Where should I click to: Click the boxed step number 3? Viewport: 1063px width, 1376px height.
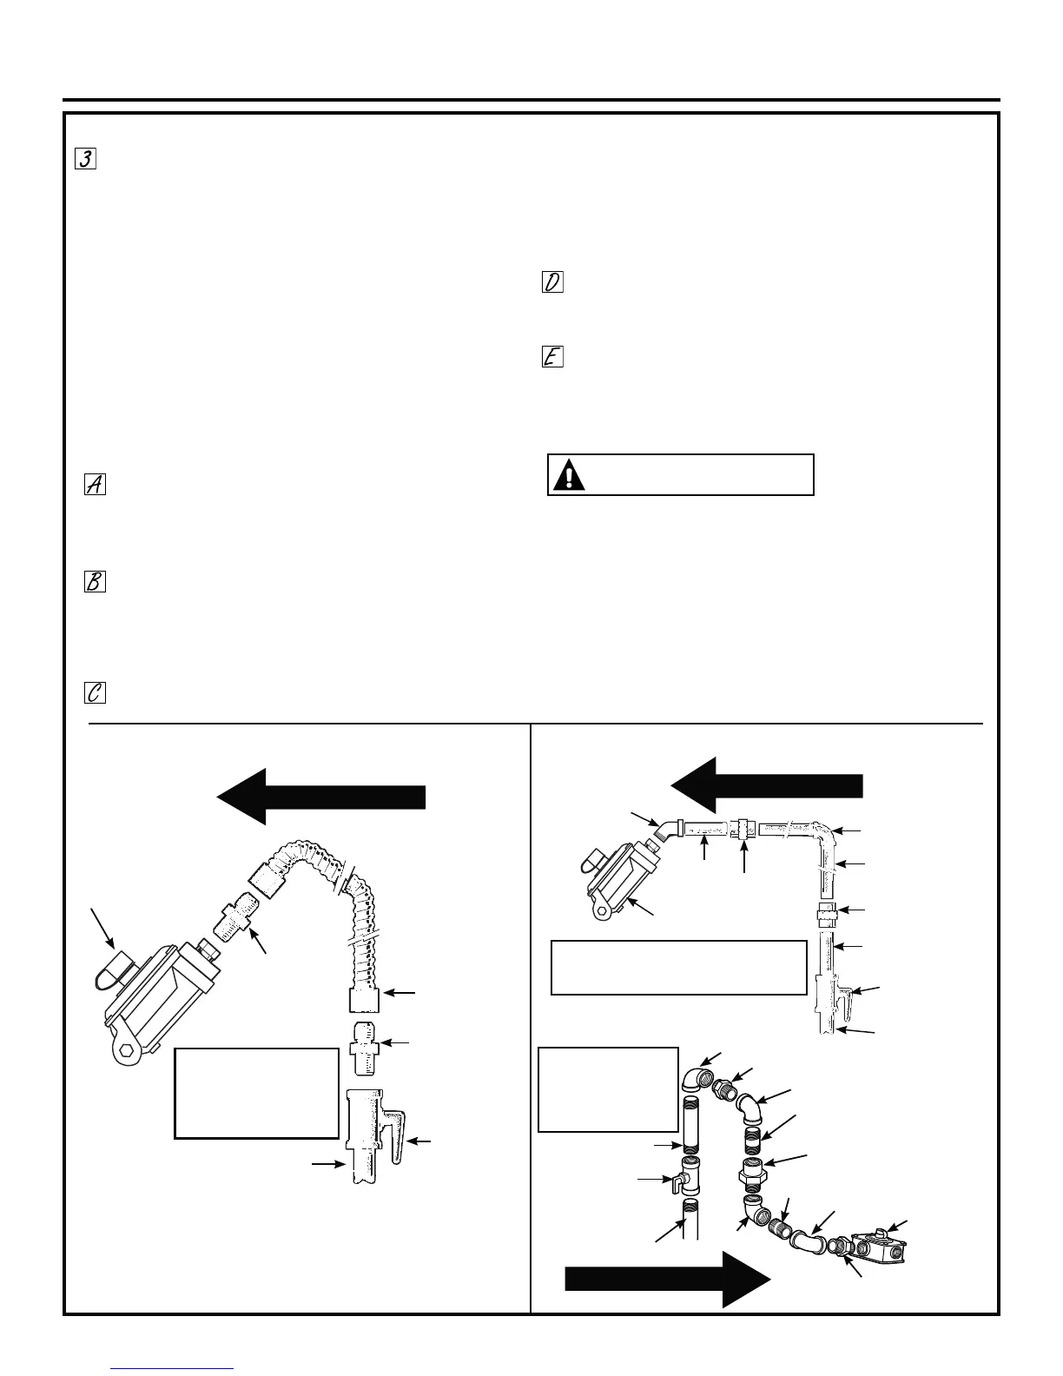[x=85, y=159]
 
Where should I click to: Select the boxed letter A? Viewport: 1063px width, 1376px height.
[x=95, y=486]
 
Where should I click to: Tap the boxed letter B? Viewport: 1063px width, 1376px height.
[x=95, y=582]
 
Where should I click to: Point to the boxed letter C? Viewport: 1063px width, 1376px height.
[x=95, y=691]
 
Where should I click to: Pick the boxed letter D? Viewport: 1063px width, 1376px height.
[x=552, y=282]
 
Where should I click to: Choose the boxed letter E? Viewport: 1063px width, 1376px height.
[x=552, y=357]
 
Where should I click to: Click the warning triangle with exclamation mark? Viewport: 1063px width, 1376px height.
[x=570, y=475]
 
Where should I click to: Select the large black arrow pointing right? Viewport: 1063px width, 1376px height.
[x=667, y=1280]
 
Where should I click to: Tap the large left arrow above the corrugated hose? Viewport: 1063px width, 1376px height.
[x=321, y=797]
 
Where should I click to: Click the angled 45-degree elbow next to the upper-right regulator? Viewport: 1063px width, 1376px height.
[x=666, y=830]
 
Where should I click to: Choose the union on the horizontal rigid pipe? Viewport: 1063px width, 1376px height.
[x=744, y=830]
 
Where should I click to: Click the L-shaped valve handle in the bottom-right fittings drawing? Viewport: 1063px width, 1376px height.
[x=675, y=1181]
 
